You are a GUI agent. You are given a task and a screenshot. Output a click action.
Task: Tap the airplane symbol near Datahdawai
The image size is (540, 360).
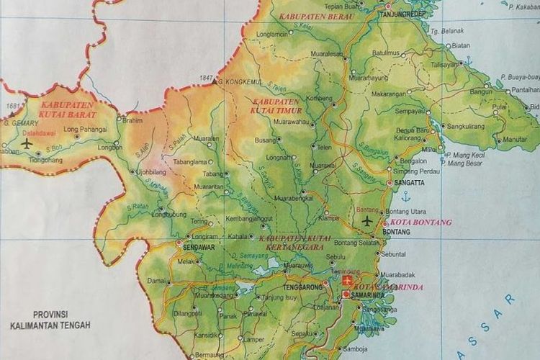click(x=27, y=143)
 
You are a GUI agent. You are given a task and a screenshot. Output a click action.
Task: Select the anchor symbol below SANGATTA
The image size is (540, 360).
click(x=405, y=196)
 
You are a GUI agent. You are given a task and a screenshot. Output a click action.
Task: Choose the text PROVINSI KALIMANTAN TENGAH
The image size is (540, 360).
click(x=50, y=320)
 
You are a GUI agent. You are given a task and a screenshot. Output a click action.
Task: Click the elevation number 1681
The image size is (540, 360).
click(x=12, y=107)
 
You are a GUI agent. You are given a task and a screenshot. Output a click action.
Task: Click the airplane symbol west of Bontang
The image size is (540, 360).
click(x=369, y=220)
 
